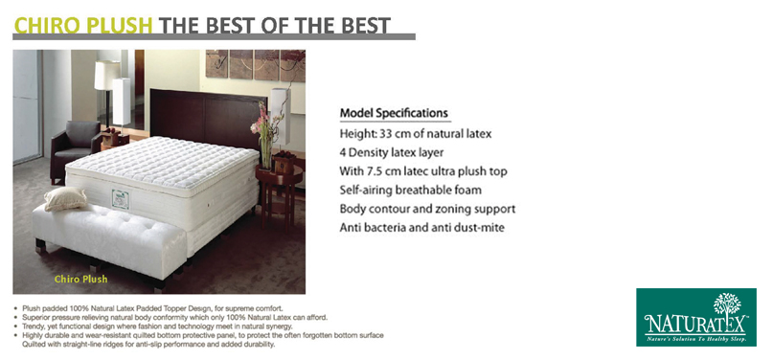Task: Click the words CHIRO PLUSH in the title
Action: pos(83,26)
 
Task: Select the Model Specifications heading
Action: pos(394,113)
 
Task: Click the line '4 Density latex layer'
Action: pos(392,152)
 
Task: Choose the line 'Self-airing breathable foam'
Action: pos(411,191)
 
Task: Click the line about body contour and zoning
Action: pos(427,209)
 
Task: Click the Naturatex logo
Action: pos(696,317)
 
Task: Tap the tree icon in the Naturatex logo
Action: pos(727,304)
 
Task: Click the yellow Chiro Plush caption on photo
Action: pos(80,280)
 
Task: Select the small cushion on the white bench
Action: pos(65,198)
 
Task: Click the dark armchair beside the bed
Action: pos(76,148)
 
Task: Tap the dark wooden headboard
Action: pos(208,118)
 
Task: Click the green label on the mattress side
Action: pos(120,199)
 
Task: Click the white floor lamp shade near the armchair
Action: pos(107,76)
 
